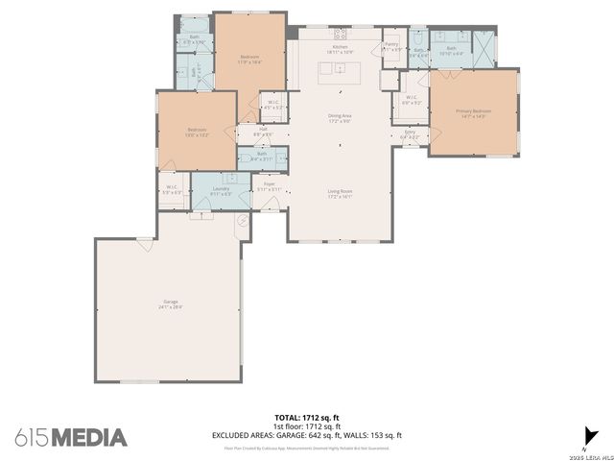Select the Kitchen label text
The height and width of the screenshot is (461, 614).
click(x=340, y=48)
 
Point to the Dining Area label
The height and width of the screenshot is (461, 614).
click(x=340, y=118)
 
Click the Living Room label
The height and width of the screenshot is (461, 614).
click(x=340, y=193)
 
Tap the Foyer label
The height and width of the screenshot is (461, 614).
click(x=270, y=186)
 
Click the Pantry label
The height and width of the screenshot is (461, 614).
click(x=391, y=45)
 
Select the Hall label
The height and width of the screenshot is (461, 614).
click(x=263, y=131)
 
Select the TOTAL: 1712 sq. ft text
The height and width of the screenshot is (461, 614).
click(x=306, y=419)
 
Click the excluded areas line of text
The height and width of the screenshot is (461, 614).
click(x=306, y=435)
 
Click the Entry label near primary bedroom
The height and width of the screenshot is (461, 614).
click(x=410, y=133)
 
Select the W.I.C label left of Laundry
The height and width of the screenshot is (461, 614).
click(x=172, y=189)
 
